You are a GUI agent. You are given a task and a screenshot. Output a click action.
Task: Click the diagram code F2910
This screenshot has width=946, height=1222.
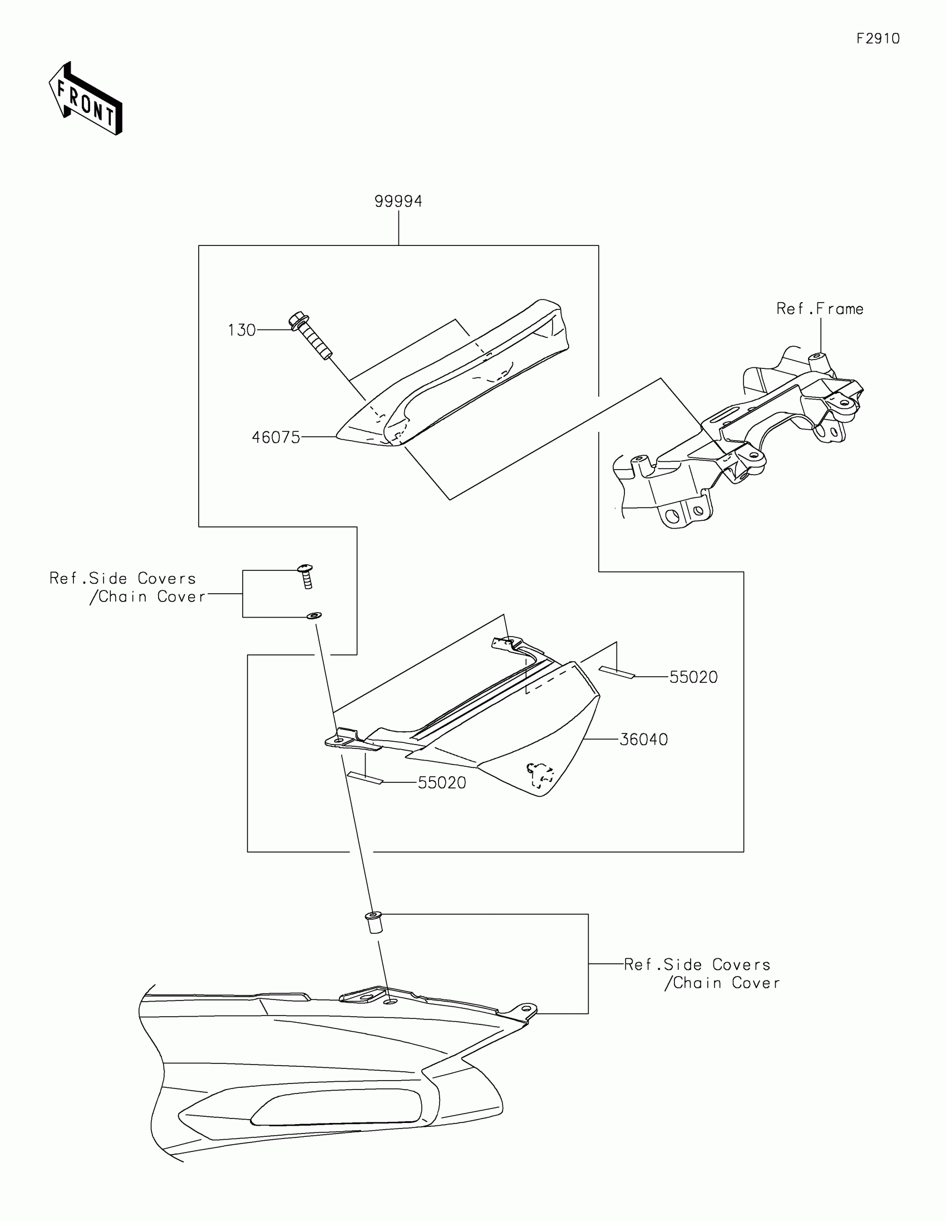[878, 38]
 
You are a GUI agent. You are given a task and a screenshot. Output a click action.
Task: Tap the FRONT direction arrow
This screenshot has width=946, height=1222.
[86, 98]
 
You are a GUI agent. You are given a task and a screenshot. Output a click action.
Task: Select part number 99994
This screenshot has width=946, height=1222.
[398, 201]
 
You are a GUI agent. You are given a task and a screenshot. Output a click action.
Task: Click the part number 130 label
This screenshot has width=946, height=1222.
[242, 331]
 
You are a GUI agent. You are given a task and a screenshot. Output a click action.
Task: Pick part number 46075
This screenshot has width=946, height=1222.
[276, 437]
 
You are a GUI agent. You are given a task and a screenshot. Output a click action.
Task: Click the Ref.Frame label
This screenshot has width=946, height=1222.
[820, 309]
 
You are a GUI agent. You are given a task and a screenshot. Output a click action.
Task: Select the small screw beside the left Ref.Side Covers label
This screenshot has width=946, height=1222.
[306, 576]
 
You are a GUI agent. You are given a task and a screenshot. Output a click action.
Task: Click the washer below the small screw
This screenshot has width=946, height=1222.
[314, 616]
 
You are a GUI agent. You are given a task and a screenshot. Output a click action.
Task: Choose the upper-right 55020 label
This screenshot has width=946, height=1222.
[693, 677]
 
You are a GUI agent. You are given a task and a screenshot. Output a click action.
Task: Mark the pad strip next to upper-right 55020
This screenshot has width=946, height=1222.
[617, 672]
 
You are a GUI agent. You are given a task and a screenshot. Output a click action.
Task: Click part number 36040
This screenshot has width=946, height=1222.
[643, 740]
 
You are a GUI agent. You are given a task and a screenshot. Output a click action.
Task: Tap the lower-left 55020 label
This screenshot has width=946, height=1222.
[442, 783]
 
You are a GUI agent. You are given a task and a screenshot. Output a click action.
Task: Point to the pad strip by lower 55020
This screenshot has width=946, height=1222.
[364, 778]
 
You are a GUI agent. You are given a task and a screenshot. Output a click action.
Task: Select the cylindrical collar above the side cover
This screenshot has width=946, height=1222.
[374, 922]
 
